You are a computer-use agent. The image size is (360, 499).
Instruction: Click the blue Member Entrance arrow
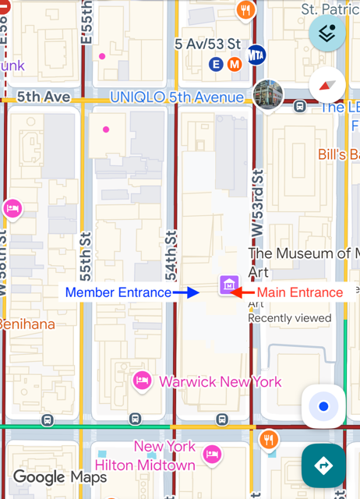pos(188,292)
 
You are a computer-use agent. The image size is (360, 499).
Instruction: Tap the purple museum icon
pos(228,285)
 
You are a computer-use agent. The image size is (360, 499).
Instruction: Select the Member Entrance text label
pos(118,292)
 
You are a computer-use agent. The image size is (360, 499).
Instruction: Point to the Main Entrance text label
pos(300,292)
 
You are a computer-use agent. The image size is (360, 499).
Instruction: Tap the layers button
pos(327,33)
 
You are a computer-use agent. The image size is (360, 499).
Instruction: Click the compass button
pos(327,86)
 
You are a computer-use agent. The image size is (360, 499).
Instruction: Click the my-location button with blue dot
pos(323,406)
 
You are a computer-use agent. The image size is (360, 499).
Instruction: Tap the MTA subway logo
pos(256,55)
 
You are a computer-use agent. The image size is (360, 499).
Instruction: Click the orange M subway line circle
pos(234,65)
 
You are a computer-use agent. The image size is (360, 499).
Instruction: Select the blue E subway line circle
pos(216,65)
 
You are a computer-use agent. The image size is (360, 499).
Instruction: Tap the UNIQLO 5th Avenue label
pos(177,97)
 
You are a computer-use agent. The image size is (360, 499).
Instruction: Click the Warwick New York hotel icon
pos(142,381)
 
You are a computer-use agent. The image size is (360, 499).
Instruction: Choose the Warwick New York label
pos(221,382)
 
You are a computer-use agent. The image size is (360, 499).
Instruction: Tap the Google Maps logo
pos(59,476)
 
